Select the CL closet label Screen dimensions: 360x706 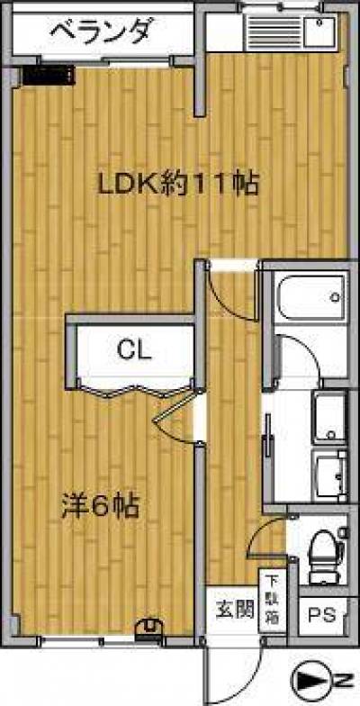click(133, 349)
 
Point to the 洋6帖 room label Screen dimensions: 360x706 click(100, 506)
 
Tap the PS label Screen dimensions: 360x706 click(322, 615)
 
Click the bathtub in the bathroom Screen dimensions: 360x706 click(311, 297)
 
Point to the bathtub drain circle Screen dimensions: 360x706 click(335, 297)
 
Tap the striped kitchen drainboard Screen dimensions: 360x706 click(274, 32)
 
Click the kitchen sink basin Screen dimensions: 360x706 click(319, 32)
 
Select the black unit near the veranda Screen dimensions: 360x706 click(49, 76)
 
